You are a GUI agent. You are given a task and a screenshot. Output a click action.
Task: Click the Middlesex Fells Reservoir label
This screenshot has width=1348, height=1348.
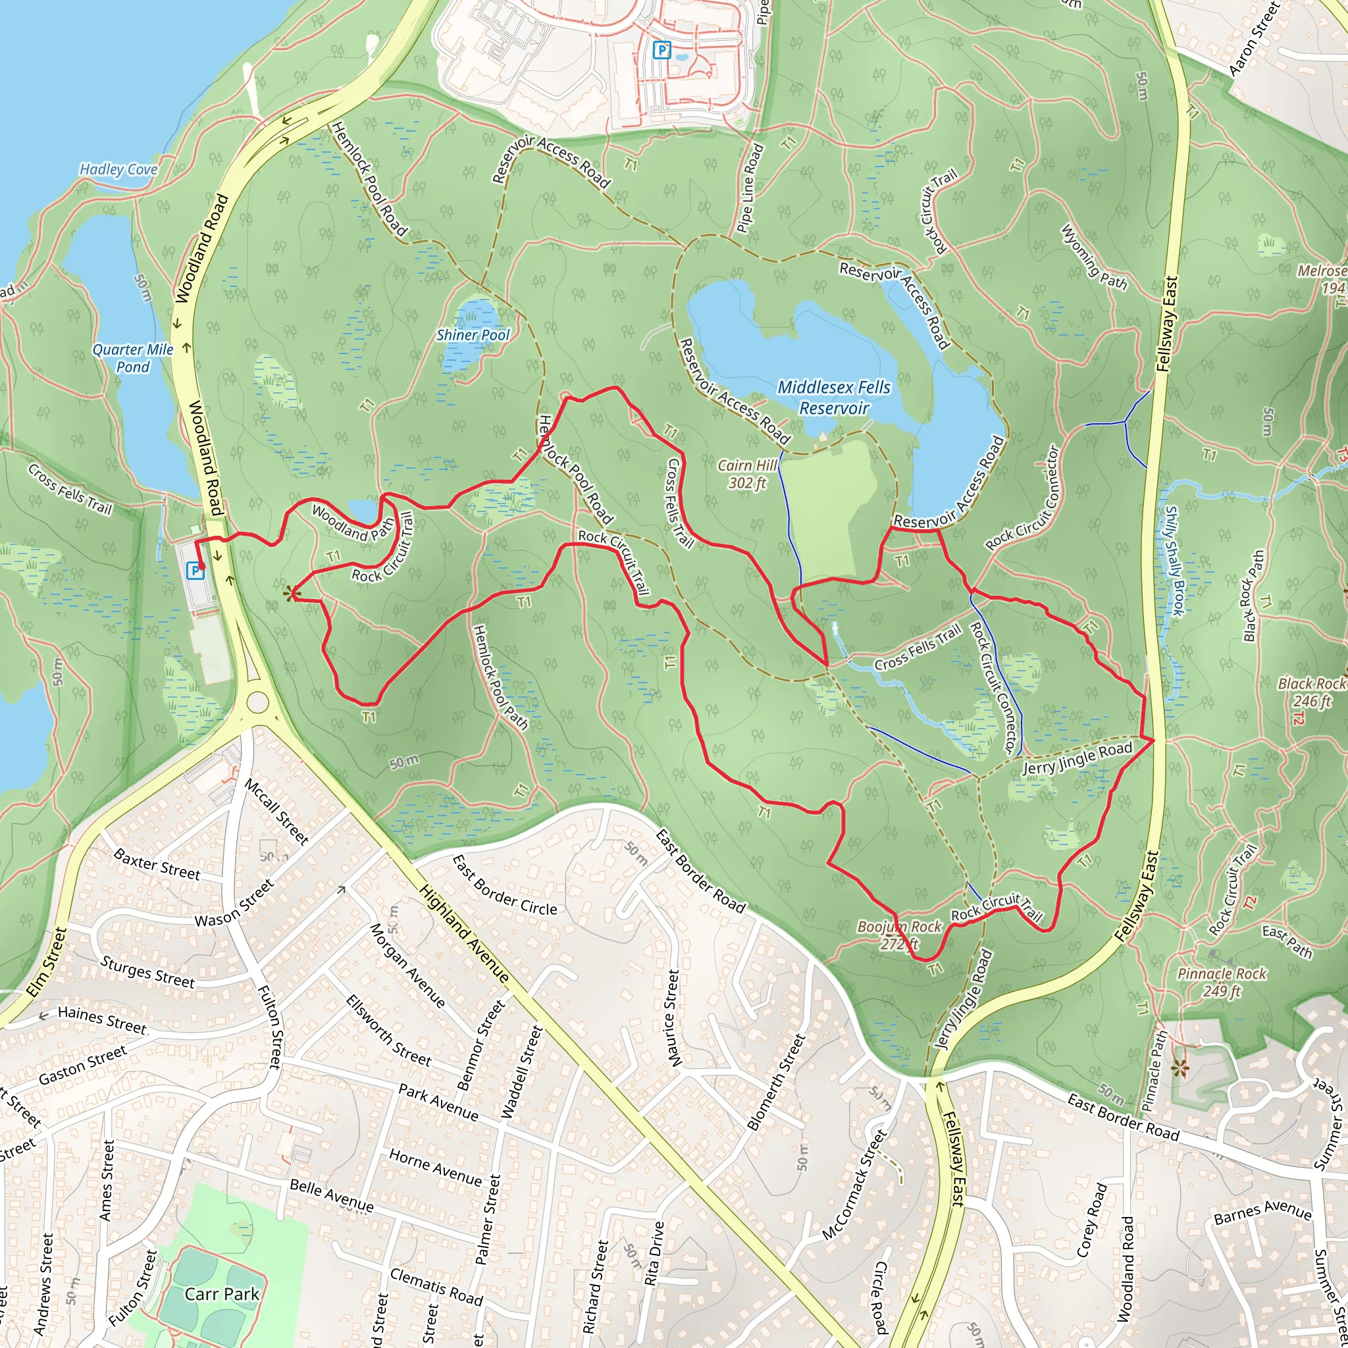(x=834, y=397)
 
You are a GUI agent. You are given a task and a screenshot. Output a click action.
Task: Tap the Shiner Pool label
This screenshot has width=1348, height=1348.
(x=473, y=335)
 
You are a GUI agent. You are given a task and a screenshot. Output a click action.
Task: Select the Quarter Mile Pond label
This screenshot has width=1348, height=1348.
(x=132, y=358)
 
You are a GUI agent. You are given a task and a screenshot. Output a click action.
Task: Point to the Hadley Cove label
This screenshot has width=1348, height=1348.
(x=118, y=169)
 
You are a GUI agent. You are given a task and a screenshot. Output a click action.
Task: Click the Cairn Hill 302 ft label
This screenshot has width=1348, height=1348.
(x=747, y=474)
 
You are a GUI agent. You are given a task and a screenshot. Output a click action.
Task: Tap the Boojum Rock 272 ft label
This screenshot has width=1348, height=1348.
(x=899, y=935)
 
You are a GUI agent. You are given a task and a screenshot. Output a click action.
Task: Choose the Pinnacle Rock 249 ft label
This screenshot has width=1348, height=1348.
(x=1222, y=981)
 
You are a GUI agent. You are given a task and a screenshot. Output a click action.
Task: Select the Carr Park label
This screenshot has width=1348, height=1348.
(x=222, y=1294)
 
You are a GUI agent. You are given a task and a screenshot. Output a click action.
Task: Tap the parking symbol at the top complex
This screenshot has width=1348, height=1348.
(x=661, y=49)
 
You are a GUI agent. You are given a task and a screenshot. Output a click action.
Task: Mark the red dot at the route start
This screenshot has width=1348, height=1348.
(x=201, y=566)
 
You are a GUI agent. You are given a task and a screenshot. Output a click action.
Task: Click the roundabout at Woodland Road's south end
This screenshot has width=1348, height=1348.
(x=257, y=702)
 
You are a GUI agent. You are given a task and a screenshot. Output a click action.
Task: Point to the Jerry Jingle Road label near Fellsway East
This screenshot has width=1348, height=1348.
(x=1077, y=758)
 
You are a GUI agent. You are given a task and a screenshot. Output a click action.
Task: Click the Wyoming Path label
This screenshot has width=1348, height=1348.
(x=1093, y=256)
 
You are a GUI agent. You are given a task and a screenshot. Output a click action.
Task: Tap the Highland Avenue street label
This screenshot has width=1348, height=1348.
(x=464, y=933)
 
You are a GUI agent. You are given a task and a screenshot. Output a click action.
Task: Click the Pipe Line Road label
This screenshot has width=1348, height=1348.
(x=750, y=188)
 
